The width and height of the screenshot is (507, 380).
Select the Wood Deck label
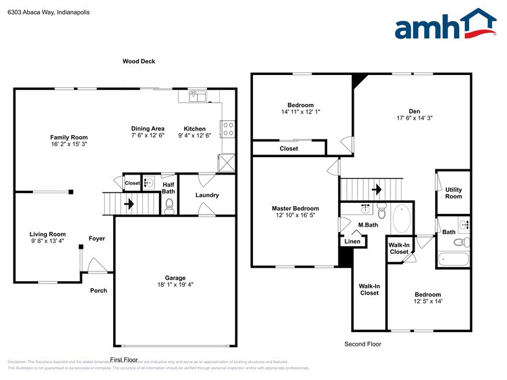[x=138, y=61]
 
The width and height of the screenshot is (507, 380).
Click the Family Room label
[x=69, y=137]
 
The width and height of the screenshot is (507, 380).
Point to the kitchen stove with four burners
[x=228, y=129]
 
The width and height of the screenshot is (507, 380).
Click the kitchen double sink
[x=197, y=96]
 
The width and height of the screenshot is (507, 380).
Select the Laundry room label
[x=207, y=195]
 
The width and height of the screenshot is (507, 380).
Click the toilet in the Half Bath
[x=169, y=206]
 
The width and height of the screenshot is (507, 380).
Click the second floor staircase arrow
[x=376, y=190]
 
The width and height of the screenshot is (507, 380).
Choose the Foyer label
[x=96, y=238]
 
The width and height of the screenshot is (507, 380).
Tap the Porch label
[x=98, y=290]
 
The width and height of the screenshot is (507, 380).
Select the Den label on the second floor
[x=414, y=111]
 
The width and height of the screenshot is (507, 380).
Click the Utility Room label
[x=453, y=193]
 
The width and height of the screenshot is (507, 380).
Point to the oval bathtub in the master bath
[x=401, y=219]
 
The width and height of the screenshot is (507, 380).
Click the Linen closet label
[x=352, y=241]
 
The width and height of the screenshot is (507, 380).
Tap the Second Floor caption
[x=363, y=344]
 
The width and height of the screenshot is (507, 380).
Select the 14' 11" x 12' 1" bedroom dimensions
[x=300, y=112]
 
